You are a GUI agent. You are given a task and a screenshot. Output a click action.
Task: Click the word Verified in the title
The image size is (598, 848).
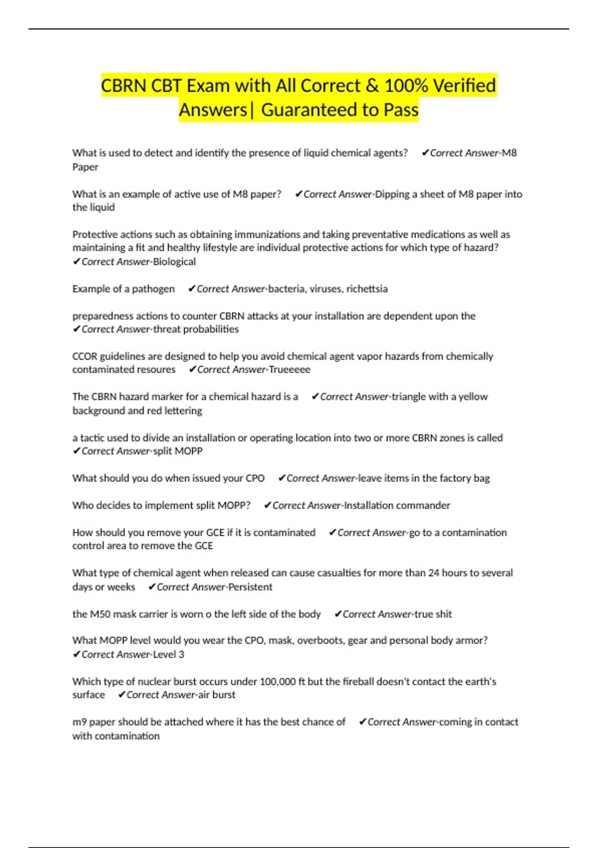point(464,86)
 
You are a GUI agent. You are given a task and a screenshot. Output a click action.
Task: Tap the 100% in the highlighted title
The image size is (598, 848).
point(406,86)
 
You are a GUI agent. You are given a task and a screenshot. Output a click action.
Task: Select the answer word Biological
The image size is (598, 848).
point(174,261)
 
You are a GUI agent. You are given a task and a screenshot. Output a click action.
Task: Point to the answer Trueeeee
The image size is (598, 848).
point(289,370)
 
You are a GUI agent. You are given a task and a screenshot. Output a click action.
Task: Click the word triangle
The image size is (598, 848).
point(409,397)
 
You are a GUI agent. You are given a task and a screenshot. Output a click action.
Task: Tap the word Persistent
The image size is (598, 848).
point(250,587)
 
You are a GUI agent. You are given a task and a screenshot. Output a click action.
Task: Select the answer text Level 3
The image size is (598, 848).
point(168,654)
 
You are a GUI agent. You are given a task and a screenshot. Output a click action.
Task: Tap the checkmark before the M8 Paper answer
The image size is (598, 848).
point(425,153)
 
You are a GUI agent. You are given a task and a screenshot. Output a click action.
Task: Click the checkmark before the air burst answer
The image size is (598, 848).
point(122,695)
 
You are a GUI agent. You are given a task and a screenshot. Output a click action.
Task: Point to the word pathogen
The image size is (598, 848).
point(153,289)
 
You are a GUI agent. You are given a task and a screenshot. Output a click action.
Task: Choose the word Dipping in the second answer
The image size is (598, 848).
point(392,194)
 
